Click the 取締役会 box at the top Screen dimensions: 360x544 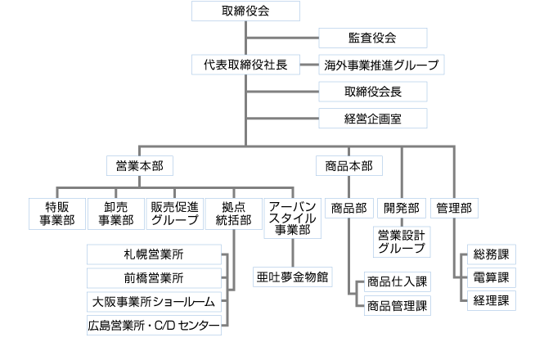click(x=245, y=11)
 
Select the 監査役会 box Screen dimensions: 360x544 click(x=373, y=38)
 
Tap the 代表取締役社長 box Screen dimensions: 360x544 click(x=245, y=65)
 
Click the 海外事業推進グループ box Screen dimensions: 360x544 click(x=381, y=65)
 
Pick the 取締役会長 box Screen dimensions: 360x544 click(x=373, y=92)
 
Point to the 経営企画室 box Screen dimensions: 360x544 click(x=373, y=119)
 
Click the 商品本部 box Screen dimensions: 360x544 click(x=348, y=165)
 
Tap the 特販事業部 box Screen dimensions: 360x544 click(x=56, y=212)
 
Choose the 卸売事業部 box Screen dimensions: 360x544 click(x=115, y=212)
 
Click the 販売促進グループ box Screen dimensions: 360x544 click(x=174, y=212)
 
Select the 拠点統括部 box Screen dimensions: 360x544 click(x=233, y=212)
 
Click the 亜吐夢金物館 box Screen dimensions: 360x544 click(x=293, y=277)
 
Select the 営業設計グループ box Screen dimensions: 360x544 click(x=402, y=241)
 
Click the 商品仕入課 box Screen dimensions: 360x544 click(x=398, y=281)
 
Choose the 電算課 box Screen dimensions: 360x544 click(x=491, y=277)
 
